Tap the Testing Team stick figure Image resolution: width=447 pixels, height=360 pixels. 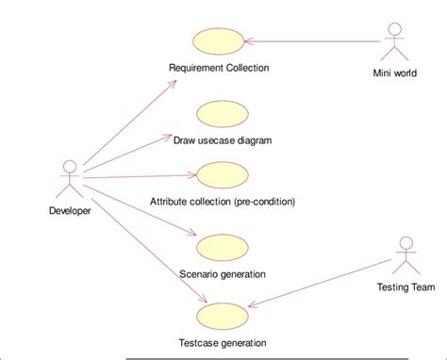(x=405, y=253)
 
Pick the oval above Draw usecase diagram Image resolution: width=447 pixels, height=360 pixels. (x=222, y=111)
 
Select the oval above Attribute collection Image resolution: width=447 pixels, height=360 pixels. (x=222, y=174)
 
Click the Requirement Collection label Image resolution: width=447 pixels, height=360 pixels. (x=219, y=68)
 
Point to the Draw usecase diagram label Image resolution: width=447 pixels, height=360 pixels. (x=223, y=140)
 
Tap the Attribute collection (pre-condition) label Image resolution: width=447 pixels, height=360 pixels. (x=223, y=201)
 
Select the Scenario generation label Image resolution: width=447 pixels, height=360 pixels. (x=222, y=273)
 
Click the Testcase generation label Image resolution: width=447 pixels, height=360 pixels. (x=223, y=342)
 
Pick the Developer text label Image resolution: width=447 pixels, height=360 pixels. (x=70, y=210)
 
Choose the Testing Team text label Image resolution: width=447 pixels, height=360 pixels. (x=406, y=286)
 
